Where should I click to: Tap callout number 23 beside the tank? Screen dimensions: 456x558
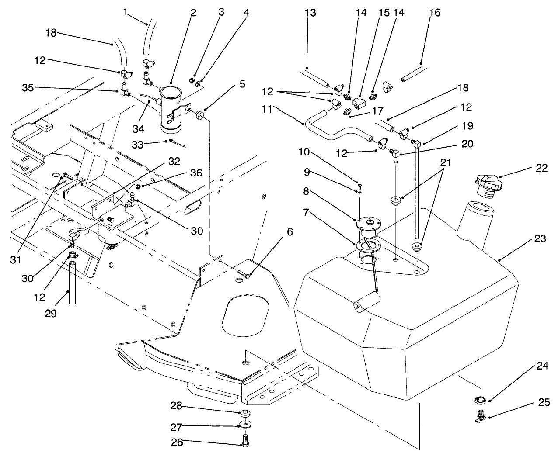[540, 239]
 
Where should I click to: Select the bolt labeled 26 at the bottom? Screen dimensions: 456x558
[244, 439]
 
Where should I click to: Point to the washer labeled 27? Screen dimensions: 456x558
[244, 424]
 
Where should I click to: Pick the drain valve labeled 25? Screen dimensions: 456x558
[480, 416]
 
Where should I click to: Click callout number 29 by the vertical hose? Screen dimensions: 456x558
[51, 314]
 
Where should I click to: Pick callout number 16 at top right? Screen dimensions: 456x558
[435, 13]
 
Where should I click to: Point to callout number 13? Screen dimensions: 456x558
[310, 13]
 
